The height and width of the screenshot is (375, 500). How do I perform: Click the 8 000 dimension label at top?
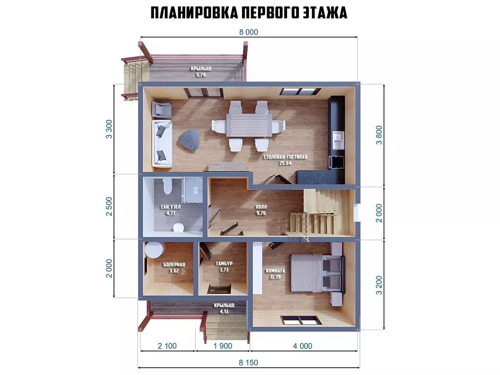coord(248,32)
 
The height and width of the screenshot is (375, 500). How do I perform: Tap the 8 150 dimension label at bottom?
coord(248,362)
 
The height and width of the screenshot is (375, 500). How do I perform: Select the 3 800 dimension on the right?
coord(379,135)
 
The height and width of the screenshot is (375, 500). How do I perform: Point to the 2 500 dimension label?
coord(109,206)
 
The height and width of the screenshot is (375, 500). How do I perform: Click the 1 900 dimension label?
coord(223,346)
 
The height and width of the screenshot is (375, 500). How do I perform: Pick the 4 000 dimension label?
coord(302,346)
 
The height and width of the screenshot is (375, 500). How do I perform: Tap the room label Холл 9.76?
coord(261,210)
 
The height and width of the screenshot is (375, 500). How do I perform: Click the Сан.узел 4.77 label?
coord(171,210)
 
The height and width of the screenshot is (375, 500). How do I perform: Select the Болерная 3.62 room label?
coord(174,268)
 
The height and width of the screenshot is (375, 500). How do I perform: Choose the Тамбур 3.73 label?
coord(224,267)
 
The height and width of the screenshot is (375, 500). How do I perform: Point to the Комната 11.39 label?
coord(275,274)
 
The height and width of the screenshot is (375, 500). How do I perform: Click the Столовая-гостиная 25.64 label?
coord(286,160)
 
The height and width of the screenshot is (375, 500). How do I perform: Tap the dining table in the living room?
coord(249,125)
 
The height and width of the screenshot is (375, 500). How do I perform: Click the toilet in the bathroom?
coord(168,186)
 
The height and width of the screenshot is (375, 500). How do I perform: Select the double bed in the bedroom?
coord(317,273)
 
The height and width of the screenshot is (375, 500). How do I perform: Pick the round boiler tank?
coord(155,250)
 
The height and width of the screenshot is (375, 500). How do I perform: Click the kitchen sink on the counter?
coord(338,140)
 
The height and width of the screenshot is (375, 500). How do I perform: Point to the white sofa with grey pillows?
coord(162,144)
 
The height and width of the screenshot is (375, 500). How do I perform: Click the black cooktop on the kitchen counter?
coord(337,162)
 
